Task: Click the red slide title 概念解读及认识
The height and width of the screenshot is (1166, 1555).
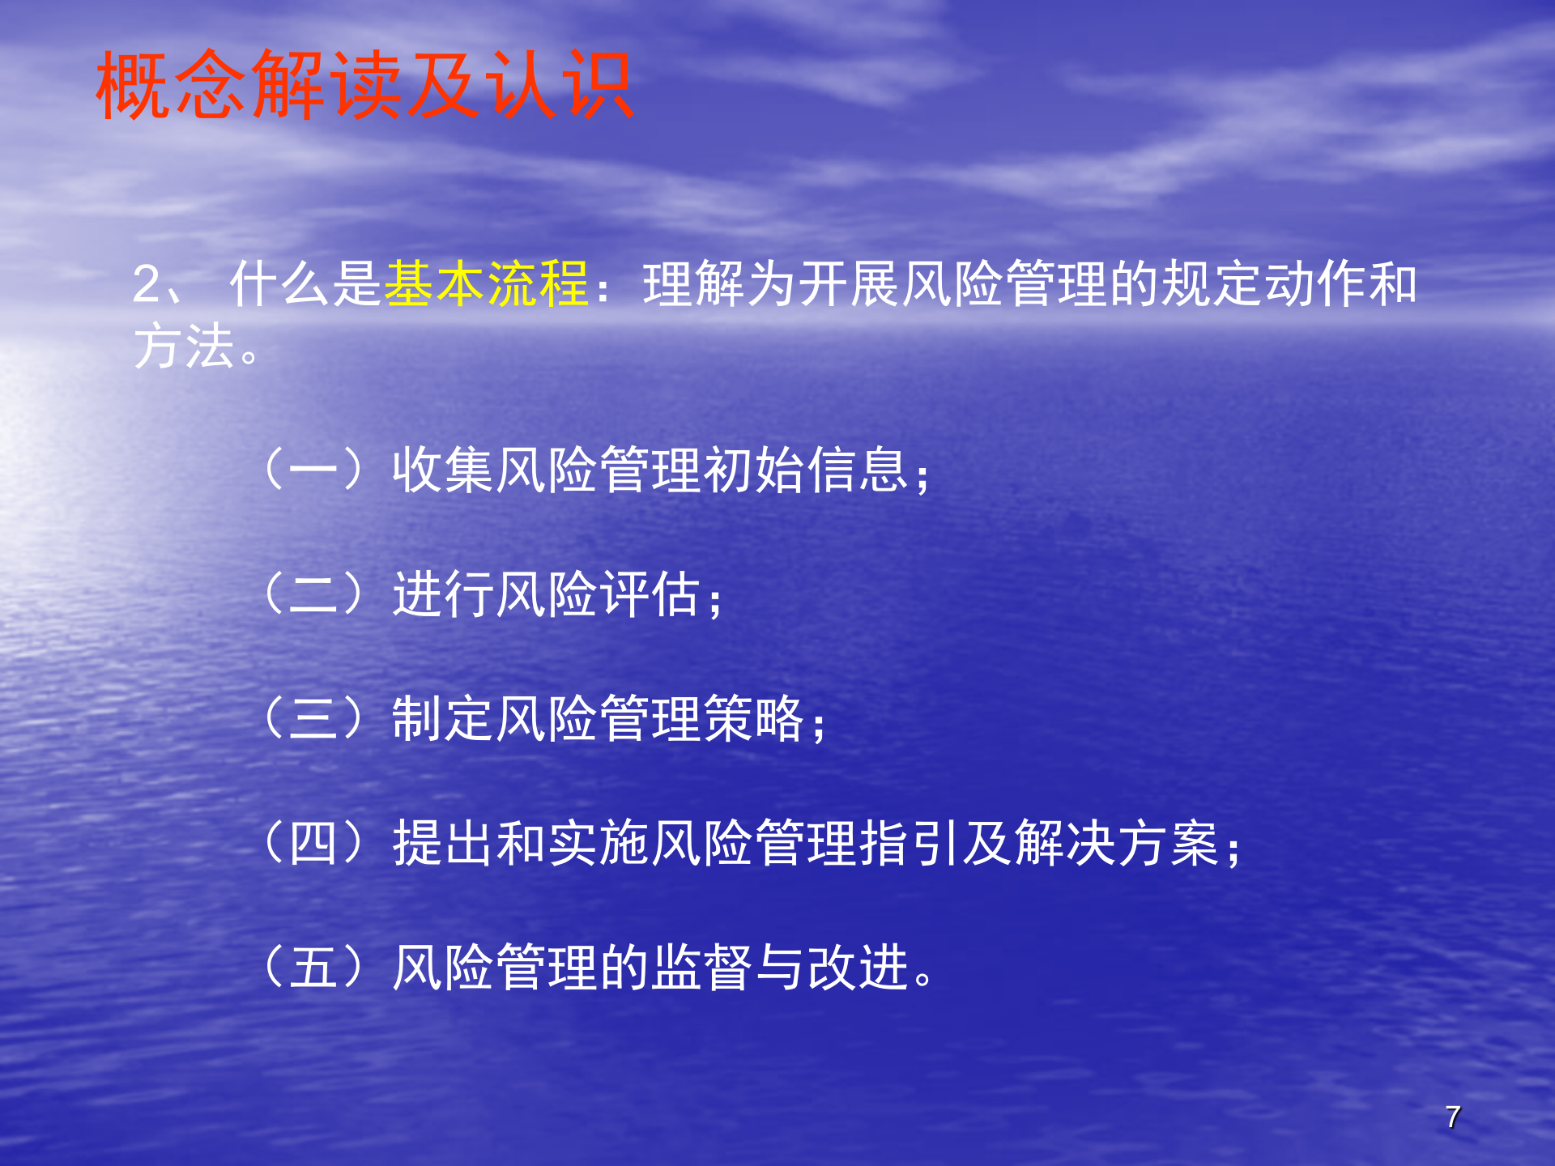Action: coord(364,85)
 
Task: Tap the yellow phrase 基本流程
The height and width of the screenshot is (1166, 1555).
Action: coord(486,284)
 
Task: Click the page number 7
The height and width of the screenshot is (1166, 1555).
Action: coord(1453,1117)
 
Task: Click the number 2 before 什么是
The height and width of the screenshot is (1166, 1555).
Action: coord(147,284)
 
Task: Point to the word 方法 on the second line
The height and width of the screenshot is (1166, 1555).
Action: coord(184,347)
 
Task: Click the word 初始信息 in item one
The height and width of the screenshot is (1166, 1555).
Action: coord(805,470)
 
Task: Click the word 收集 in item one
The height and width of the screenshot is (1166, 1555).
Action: coord(442,470)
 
